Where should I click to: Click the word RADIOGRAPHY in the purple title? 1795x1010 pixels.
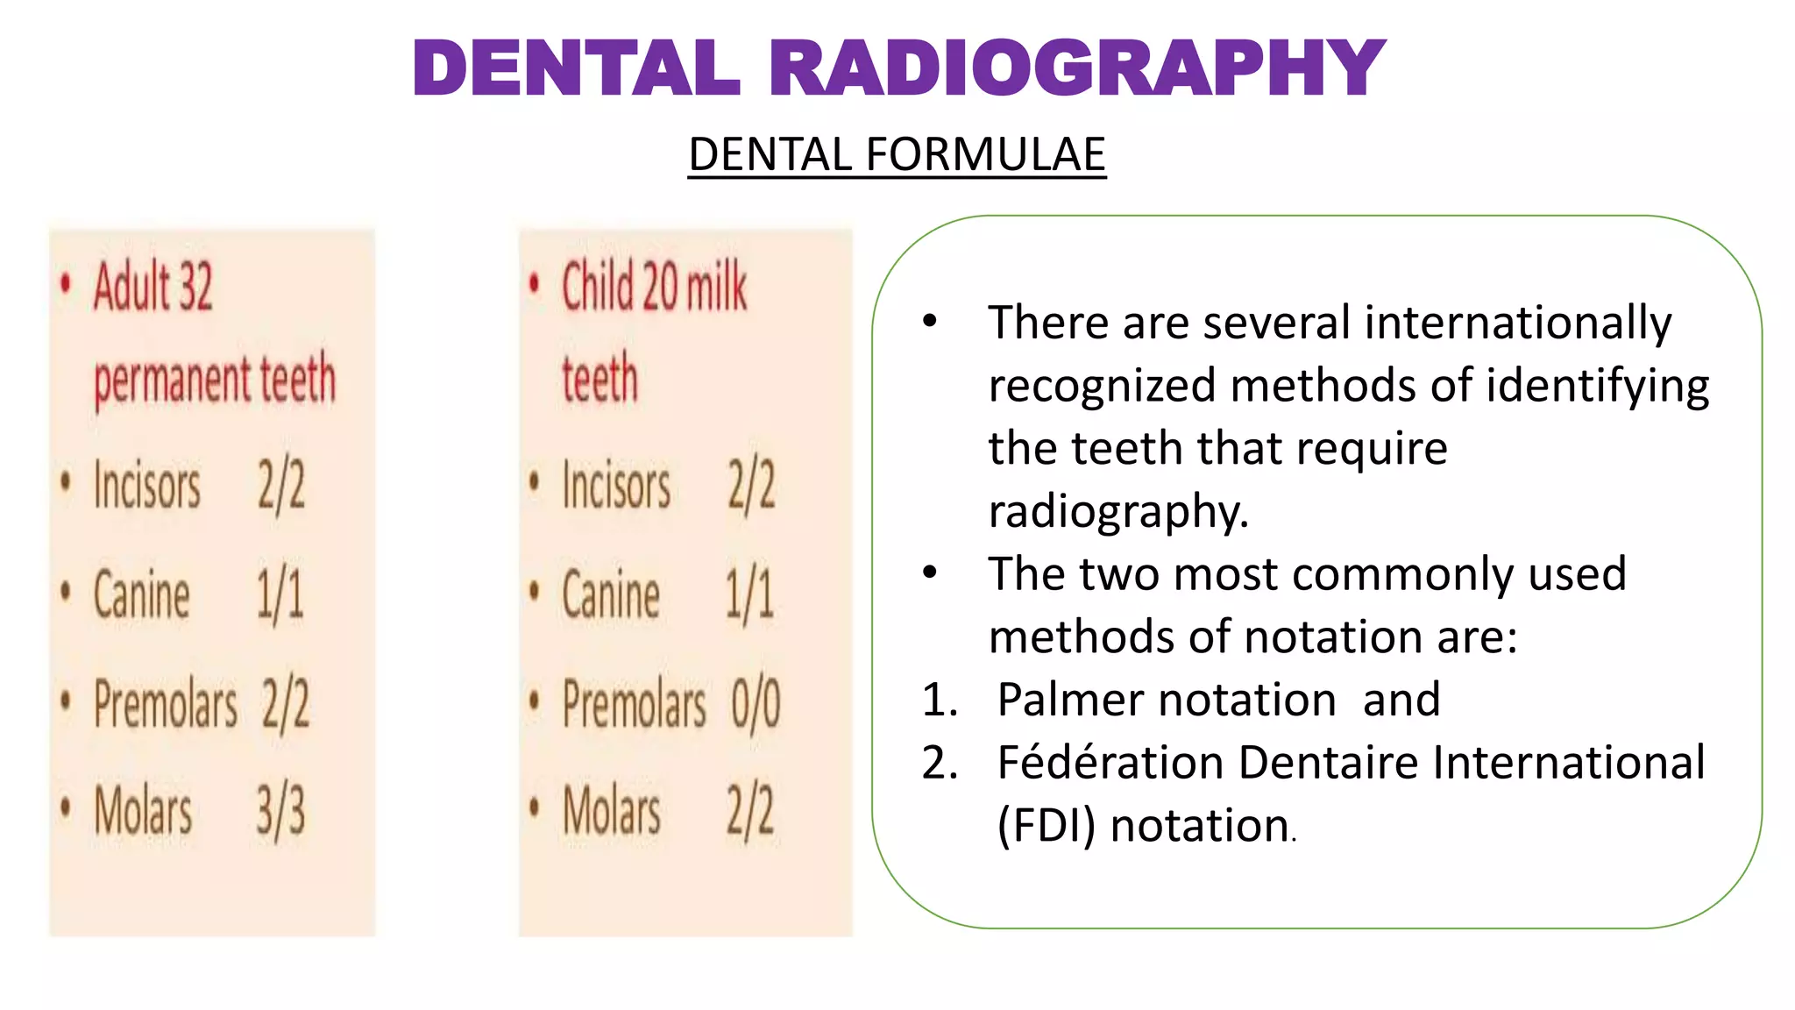point(1077,68)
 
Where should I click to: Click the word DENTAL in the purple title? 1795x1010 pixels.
point(577,68)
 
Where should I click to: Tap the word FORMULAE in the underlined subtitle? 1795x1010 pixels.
point(985,155)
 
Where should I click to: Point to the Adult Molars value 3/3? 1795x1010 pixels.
point(280,811)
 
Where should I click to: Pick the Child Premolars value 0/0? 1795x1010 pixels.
point(756,703)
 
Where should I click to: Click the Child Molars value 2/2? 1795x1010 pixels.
point(751,811)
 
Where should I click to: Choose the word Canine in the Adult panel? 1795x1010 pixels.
point(141,594)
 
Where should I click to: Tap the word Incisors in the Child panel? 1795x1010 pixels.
point(616,486)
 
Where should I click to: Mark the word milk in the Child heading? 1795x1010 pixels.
point(717,287)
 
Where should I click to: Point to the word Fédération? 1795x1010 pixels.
point(1110,762)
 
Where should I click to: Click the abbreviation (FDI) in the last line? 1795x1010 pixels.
point(1046,826)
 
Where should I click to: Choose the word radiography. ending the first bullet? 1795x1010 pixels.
point(1117,511)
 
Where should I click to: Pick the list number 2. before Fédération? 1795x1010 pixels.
point(940,763)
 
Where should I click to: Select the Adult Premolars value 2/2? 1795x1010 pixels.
point(286,703)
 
